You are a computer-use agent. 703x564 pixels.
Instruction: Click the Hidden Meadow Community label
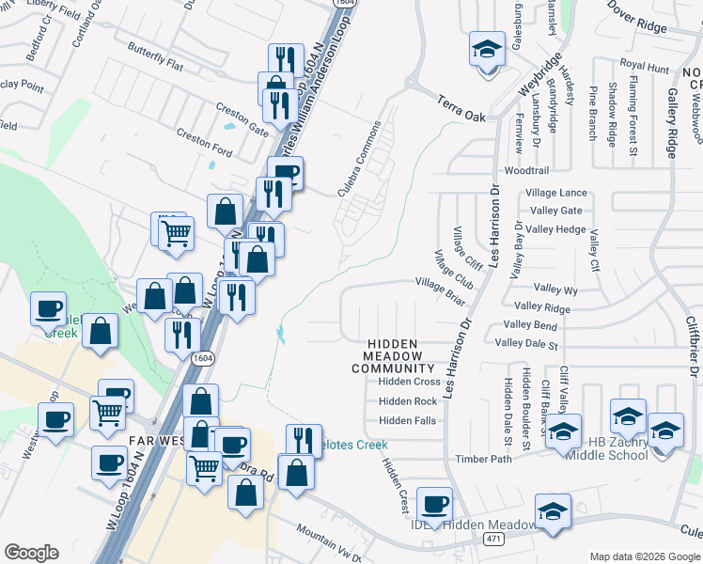(392, 357)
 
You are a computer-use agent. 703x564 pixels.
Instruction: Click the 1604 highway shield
(202, 358)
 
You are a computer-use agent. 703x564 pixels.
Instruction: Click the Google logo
(31, 553)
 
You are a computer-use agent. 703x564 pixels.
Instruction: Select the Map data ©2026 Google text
(645, 556)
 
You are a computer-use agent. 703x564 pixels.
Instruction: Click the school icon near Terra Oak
(487, 49)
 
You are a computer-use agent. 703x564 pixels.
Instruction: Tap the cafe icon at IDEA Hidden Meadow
(434, 504)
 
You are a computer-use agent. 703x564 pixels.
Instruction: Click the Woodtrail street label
(526, 171)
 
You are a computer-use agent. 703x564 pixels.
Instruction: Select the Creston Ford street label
(205, 142)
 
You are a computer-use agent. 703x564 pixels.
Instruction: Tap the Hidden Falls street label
(408, 421)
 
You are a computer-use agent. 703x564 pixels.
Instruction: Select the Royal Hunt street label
(645, 69)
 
